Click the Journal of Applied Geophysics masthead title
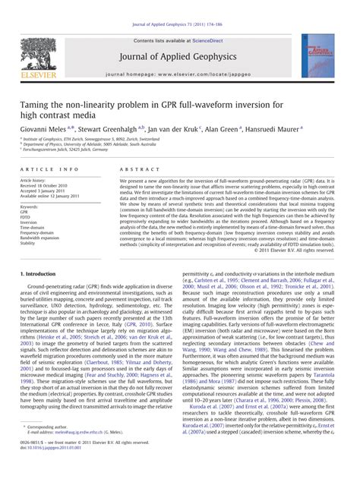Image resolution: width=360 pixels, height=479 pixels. (180, 55)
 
